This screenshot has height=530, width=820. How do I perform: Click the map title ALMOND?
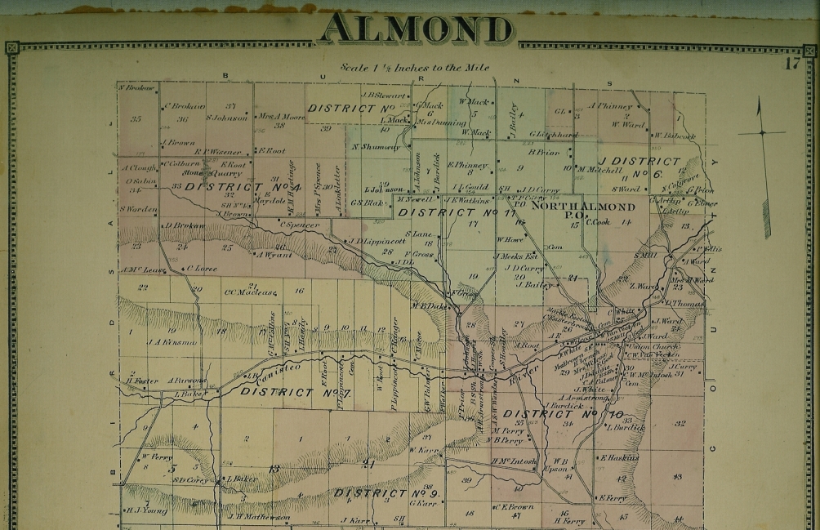417,29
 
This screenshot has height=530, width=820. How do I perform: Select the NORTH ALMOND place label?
572,207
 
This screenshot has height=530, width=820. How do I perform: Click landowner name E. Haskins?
620,458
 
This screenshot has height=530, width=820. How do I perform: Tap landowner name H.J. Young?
145,510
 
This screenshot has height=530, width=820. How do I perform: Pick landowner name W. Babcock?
675,136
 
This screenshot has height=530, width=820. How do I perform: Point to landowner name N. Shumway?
376,147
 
